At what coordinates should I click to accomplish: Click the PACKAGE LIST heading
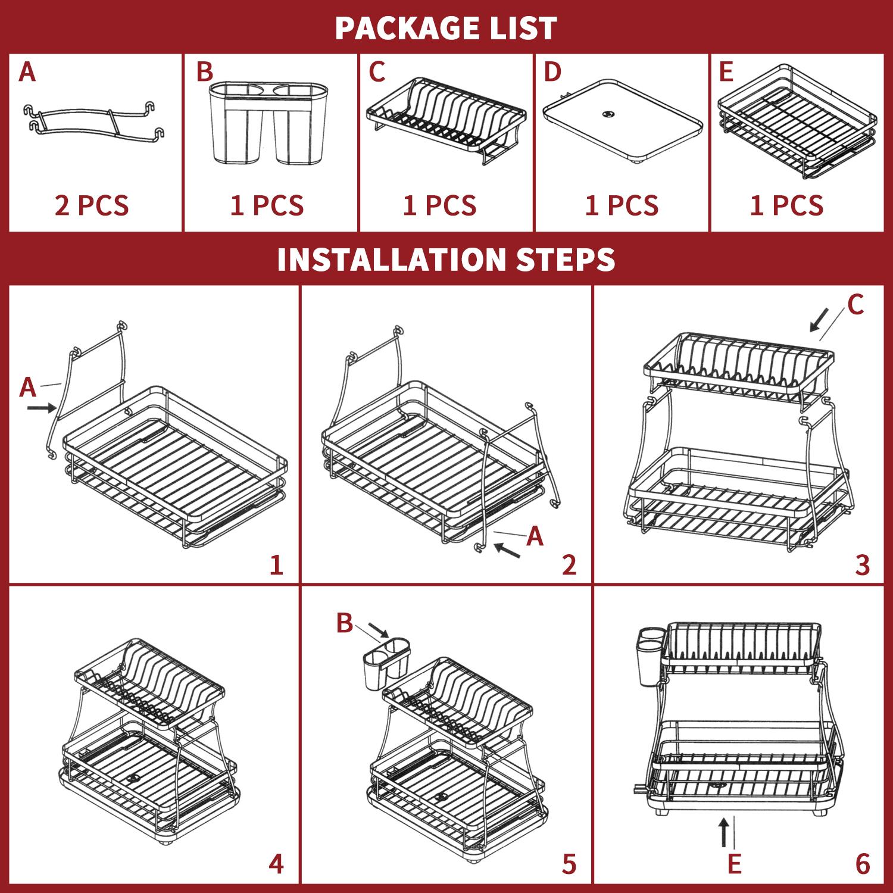coord(446,28)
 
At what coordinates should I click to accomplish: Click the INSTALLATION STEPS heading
coord(446,259)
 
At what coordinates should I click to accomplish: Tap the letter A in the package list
coord(27,72)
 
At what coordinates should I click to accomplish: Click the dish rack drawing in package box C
coord(446,119)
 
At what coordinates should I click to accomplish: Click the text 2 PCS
coord(92,205)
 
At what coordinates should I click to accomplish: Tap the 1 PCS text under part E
coord(786,205)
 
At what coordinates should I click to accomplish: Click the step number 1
coord(276,564)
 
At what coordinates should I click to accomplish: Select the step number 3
coord(863,564)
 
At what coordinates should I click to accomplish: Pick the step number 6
coord(863,863)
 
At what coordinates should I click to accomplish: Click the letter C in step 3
coord(855,305)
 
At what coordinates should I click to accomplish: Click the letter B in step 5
coord(345,623)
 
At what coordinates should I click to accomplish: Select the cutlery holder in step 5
coord(386,664)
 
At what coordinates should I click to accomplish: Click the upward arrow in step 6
coord(724,832)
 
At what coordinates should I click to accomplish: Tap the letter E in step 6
coord(735,864)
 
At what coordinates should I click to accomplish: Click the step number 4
coord(276,863)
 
